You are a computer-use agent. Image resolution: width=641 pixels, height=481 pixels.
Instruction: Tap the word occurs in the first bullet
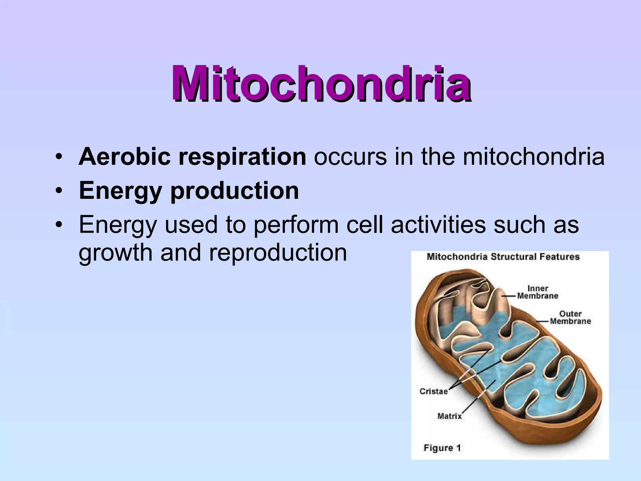point(350,157)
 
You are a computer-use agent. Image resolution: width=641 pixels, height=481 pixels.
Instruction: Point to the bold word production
point(234,191)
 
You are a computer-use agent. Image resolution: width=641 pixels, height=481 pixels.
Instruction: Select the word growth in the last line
point(115,252)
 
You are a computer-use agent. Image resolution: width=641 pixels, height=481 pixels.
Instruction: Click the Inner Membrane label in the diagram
point(538,292)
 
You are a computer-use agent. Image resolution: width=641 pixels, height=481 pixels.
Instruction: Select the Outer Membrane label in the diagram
point(570,317)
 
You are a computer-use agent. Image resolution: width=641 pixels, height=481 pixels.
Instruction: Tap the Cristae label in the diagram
point(433,391)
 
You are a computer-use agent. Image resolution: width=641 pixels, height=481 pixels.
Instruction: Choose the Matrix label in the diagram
point(449,416)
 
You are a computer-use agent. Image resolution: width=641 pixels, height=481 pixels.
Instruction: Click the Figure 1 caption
point(442,448)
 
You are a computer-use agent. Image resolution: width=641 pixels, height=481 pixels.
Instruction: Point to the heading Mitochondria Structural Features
point(503,257)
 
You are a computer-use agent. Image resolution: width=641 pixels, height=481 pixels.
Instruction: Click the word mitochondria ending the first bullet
point(534,157)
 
